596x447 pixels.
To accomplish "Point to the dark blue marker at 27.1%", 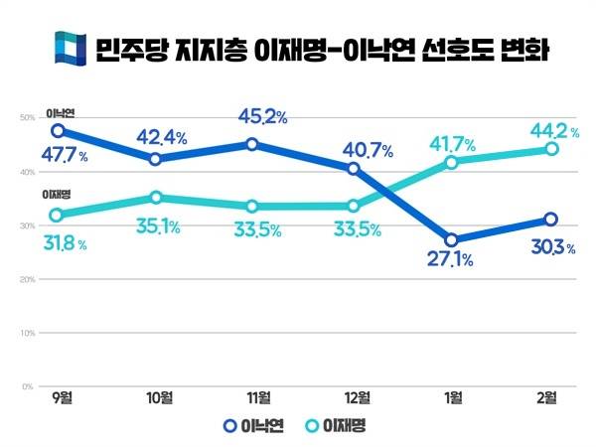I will pos(452,239).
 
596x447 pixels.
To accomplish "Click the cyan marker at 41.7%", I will pos(452,162).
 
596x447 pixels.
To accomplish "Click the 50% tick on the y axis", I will pos(28,118).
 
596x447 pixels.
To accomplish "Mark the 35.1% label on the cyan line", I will pos(156,226).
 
